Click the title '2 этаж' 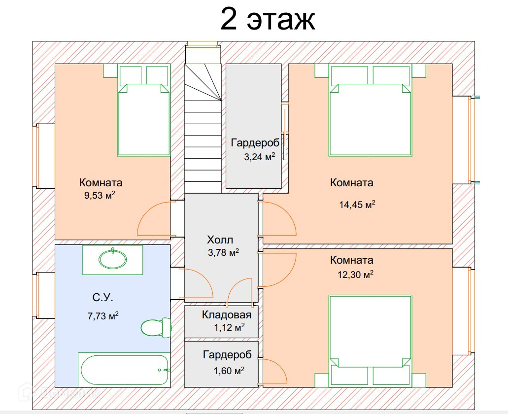(x=267, y=19)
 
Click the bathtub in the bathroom (x=125, y=369)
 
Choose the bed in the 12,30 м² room (x=370, y=335)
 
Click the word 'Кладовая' (x=227, y=315)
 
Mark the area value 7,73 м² (x=102, y=316)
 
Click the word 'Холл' (x=220, y=240)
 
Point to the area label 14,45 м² (x=357, y=205)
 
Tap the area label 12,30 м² (x=355, y=275)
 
